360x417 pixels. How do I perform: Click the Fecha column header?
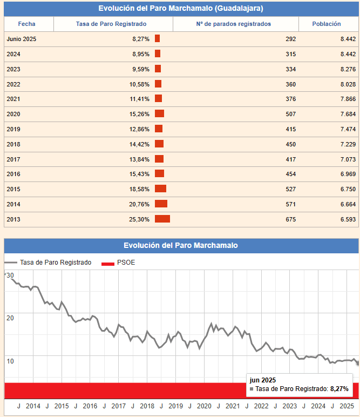(27, 24)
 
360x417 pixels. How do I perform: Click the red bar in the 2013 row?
(162, 219)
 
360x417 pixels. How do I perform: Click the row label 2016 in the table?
(13, 174)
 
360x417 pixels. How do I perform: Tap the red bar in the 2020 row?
(159, 113)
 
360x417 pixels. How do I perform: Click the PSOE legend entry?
(125, 263)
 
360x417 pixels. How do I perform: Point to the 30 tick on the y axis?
(10, 275)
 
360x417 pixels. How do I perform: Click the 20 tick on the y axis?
(10, 317)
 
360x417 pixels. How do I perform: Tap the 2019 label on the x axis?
(175, 406)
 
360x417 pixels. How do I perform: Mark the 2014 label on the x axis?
(33, 406)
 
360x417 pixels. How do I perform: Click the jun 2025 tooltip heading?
(263, 380)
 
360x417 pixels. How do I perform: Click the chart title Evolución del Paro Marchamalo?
(181, 245)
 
